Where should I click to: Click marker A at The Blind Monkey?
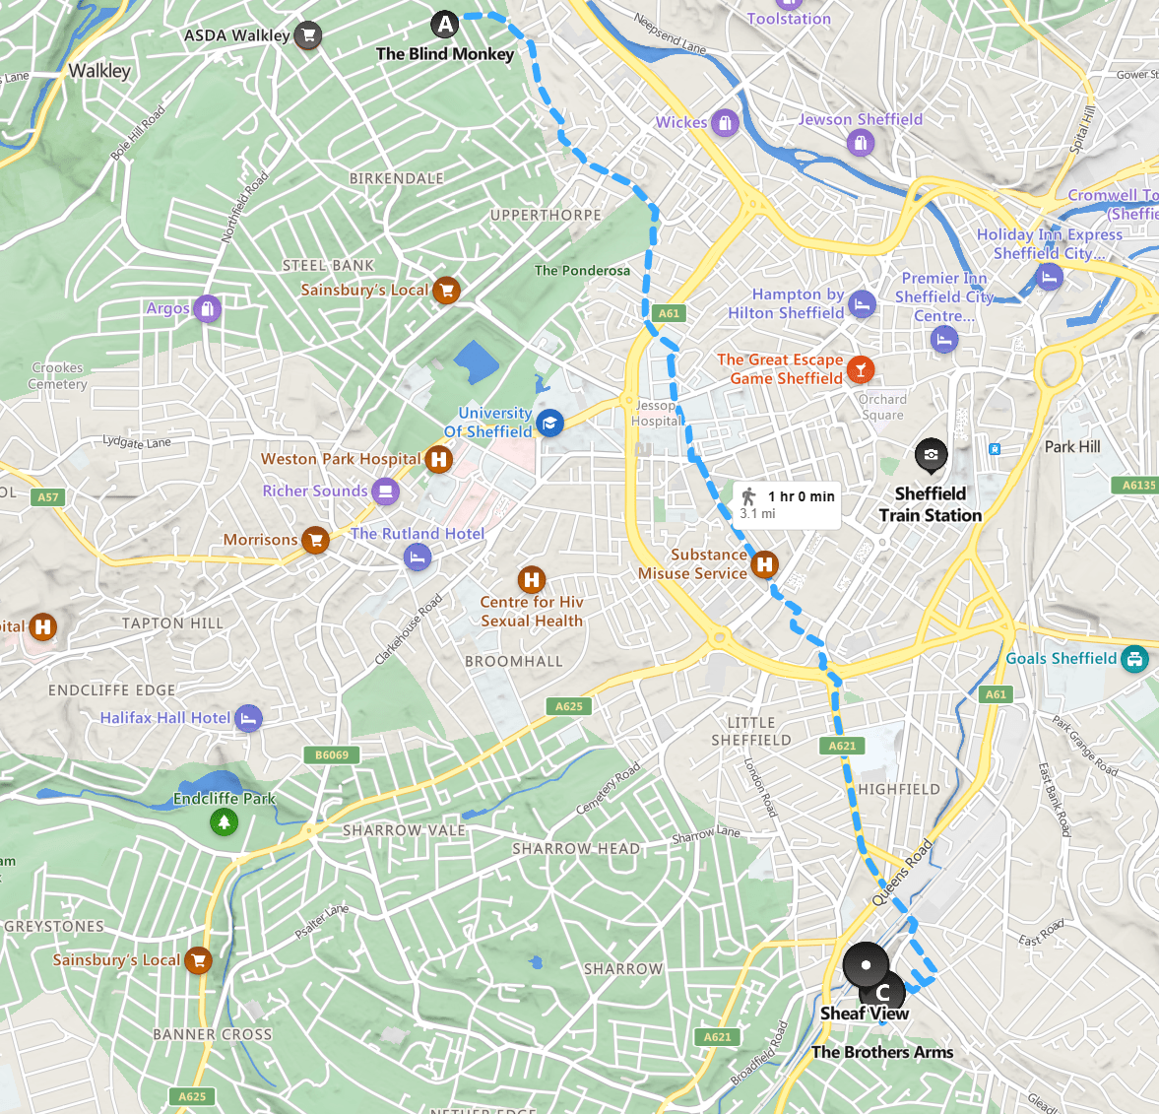445,25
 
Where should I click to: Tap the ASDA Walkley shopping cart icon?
309,35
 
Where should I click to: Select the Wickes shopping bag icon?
725,123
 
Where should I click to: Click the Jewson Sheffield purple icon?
861,144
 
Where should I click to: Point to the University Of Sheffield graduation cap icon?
549,424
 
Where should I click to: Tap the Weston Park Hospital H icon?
439,459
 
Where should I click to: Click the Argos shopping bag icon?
207,309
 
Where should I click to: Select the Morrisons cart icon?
315,540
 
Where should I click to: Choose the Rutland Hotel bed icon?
418,557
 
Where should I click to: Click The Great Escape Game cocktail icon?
861,369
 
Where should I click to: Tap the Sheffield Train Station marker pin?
931,455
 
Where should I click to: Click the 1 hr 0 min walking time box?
787,503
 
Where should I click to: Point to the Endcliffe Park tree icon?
225,821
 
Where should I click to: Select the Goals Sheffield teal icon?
1134,658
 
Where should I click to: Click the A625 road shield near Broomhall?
568,706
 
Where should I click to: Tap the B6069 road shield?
332,755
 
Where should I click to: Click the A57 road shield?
48,497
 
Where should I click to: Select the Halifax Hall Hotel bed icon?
249,718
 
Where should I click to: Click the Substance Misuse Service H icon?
764,564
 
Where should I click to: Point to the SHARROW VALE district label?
404,830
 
